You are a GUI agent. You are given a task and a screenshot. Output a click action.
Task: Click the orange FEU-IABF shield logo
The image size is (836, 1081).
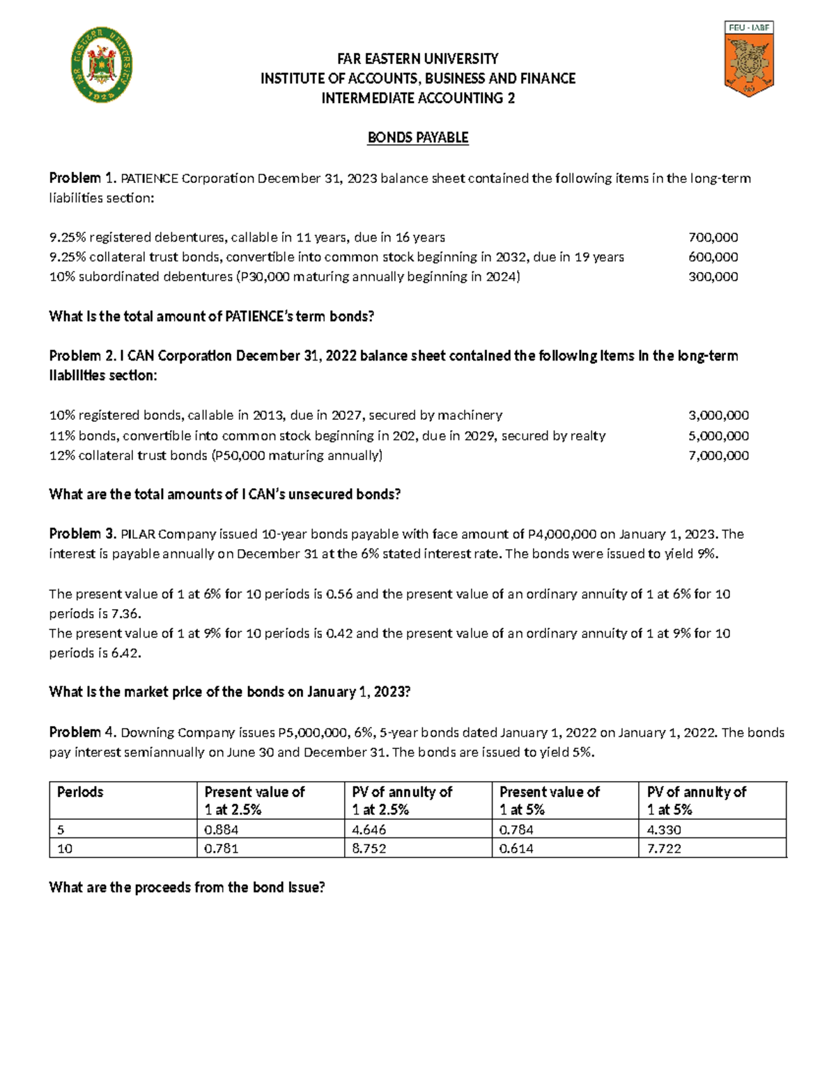pyautogui.click(x=749, y=61)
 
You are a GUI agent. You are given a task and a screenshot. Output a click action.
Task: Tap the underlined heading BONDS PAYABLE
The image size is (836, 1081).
pyautogui.click(x=418, y=138)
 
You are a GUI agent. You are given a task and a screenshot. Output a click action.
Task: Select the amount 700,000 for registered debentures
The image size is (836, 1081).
pyautogui.click(x=713, y=237)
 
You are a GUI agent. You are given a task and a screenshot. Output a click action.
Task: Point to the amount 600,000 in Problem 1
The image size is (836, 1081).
pyautogui.click(x=713, y=257)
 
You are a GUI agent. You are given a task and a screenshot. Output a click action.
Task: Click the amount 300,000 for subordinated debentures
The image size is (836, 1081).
pyautogui.click(x=713, y=277)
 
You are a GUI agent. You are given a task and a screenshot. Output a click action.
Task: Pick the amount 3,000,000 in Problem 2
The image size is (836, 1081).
pyautogui.click(x=718, y=416)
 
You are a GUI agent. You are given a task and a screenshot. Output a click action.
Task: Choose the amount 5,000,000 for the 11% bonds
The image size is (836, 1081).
pyautogui.click(x=718, y=436)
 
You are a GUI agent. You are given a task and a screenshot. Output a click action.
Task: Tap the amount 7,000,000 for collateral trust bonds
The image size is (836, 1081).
pyautogui.click(x=718, y=456)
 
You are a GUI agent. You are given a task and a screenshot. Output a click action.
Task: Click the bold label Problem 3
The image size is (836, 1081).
pyautogui.click(x=82, y=534)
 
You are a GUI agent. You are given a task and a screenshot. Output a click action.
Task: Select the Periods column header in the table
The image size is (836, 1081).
pyautogui.click(x=80, y=792)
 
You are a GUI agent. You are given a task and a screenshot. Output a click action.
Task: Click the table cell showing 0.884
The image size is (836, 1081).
pyautogui.click(x=221, y=830)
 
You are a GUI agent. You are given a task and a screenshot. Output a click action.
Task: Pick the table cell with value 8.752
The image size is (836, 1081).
pyautogui.click(x=369, y=849)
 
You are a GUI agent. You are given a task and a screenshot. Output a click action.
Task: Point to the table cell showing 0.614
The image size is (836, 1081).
pyautogui.click(x=516, y=849)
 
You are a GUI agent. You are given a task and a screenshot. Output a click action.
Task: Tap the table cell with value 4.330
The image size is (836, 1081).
pyautogui.click(x=664, y=830)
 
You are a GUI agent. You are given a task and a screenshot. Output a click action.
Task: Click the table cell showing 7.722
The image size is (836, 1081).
pyautogui.click(x=664, y=849)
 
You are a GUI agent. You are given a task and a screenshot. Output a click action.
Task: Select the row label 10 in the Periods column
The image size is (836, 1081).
pyautogui.click(x=65, y=849)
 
